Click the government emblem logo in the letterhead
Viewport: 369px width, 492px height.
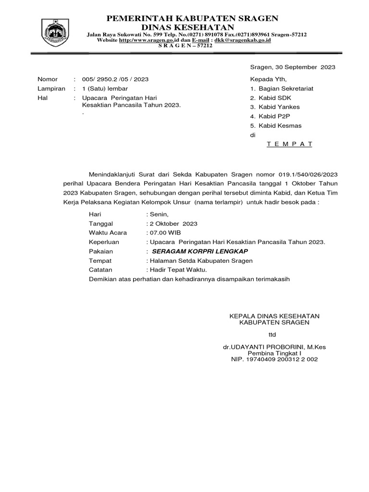(56, 32)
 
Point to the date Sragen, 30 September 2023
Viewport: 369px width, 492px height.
(293, 67)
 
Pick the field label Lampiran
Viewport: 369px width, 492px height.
(51, 89)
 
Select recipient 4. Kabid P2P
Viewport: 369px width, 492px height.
(270, 116)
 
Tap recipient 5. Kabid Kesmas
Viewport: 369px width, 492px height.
(275, 126)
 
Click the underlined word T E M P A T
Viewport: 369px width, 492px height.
(290, 144)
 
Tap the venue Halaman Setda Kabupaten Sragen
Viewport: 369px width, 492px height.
(201, 260)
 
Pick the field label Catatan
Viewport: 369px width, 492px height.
(100, 270)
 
